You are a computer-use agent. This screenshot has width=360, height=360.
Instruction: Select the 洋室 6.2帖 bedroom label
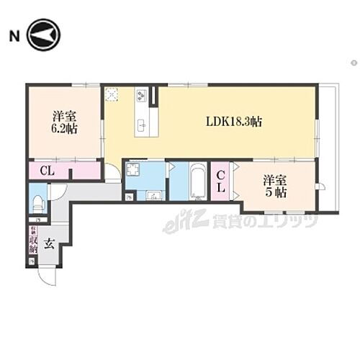click(x=65, y=122)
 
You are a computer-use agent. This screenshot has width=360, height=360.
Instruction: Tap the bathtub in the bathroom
click(x=198, y=183)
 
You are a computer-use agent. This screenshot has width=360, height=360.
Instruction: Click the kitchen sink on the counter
click(x=143, y=127)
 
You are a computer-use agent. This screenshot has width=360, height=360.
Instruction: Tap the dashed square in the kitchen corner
click(x=112, y=95)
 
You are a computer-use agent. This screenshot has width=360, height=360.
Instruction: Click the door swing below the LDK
click(x=112, y=174)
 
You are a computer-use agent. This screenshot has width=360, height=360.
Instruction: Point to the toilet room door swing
click(x=58, y=192)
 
